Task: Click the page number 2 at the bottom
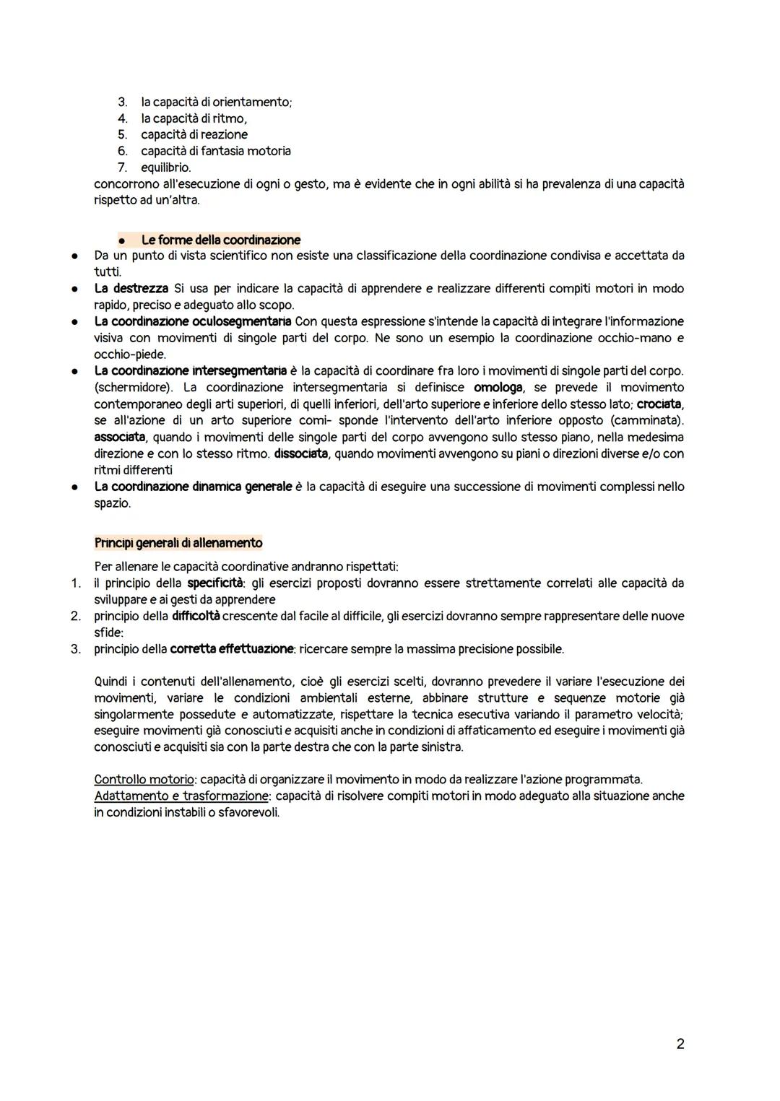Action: [680, 1043]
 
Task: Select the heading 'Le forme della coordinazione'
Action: [220, 240]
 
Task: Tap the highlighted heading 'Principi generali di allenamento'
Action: [178, 543]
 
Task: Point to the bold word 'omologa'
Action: [498, 388]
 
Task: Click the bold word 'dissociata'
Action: [300, 454]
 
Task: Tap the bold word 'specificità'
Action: [214, 583]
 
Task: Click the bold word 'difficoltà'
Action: [196, 616]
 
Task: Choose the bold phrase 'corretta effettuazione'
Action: [232, 649]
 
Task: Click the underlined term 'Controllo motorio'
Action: [144, 780]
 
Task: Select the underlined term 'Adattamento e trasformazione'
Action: [181, 796]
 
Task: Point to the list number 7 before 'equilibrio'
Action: [123, 167]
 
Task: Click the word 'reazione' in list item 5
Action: [224, 135]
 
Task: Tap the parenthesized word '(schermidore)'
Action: [134, 388]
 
